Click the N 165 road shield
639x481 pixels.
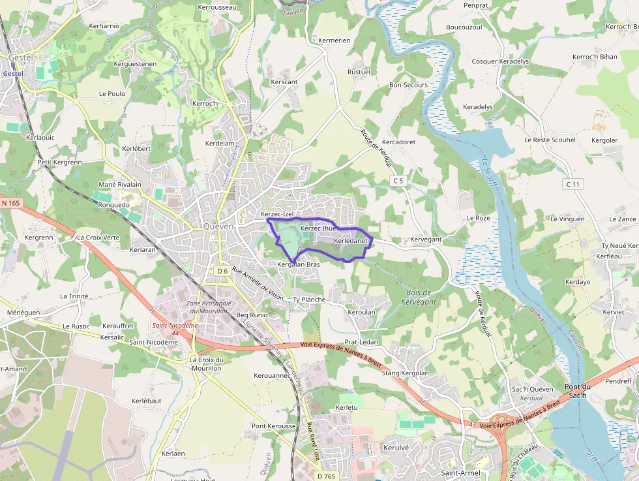tap(11, 203)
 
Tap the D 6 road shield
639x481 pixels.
tap(222, 271)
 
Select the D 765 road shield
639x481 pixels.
tap(326, 476)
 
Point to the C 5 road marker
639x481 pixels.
tap(398, 180)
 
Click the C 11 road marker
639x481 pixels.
tap(572, 185)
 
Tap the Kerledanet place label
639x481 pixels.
tap(351, 241)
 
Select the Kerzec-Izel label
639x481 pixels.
tap(277, 214)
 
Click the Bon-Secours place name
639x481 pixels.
tap(408, 85)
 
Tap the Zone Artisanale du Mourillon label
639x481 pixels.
tap(209, 307)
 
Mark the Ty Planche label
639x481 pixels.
tap(308, 300)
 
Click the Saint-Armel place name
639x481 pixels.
tap(460, 473)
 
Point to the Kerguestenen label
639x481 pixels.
tap(135, 64)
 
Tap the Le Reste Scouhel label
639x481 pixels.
tap(550, 140)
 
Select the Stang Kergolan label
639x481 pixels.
tap(405, 373)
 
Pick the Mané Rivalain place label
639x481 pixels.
tap(119, 185)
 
